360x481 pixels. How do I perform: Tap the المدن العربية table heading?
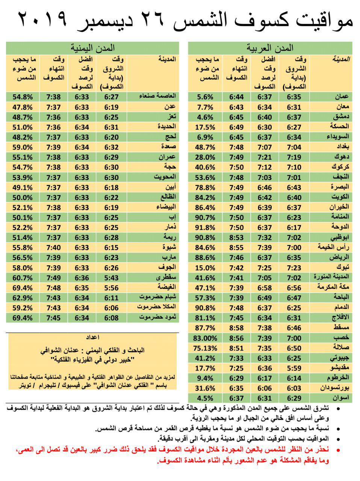pos(270,48)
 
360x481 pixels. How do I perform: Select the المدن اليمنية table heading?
pos(92,48)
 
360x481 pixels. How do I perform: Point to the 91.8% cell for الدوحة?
pos(206,227)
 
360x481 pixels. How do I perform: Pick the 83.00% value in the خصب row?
pos(205,338)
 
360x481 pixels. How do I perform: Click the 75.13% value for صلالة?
pos(205,348)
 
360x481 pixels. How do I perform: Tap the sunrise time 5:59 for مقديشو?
pos(294,368)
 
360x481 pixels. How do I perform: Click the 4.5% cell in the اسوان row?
pos(206,398)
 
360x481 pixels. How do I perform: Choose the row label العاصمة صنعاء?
pos(157,97)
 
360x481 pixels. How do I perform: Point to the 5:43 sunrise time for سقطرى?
pos(111,278)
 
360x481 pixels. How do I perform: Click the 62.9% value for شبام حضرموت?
pos(23,298)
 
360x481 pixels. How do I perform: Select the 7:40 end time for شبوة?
pos(53,248)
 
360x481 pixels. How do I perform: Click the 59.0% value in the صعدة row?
pos(23,147)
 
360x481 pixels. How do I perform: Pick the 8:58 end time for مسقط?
pos(236,328)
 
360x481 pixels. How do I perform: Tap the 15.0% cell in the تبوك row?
pos(206,268)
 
